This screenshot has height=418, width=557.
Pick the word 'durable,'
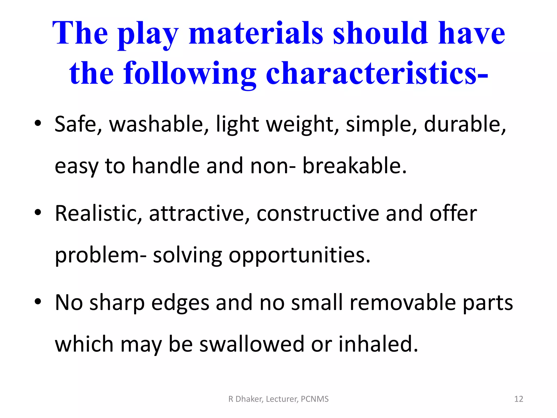465,124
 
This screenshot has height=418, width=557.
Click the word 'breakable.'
354,166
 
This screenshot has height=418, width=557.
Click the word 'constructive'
318,213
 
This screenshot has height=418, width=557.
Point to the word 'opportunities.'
299,256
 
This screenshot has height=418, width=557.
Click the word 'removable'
403,303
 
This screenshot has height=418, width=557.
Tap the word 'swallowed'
252,344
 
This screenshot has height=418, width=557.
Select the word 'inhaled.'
378,344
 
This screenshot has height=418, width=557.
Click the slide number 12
519,399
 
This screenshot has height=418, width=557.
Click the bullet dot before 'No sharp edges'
38,301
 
